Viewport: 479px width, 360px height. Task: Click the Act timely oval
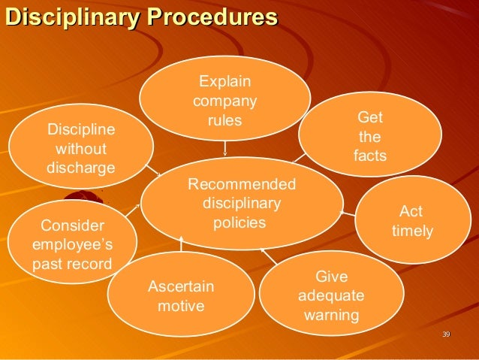pos(411,221)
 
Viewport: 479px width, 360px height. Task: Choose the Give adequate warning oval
pos(331,295)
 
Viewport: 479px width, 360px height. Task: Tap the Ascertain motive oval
pos(181,297)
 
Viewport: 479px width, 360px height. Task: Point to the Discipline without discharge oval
pos(81,147)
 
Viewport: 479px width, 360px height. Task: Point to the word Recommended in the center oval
pos(242,184)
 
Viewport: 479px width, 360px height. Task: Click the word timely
pos(412,231)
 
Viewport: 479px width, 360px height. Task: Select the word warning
pos(331,314)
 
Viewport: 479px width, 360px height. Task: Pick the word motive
pos(181,307)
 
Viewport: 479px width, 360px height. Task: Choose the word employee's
pos(72,245)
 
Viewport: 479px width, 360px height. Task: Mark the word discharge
pos(81,166)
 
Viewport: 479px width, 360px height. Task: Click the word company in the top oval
pos(225,101)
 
